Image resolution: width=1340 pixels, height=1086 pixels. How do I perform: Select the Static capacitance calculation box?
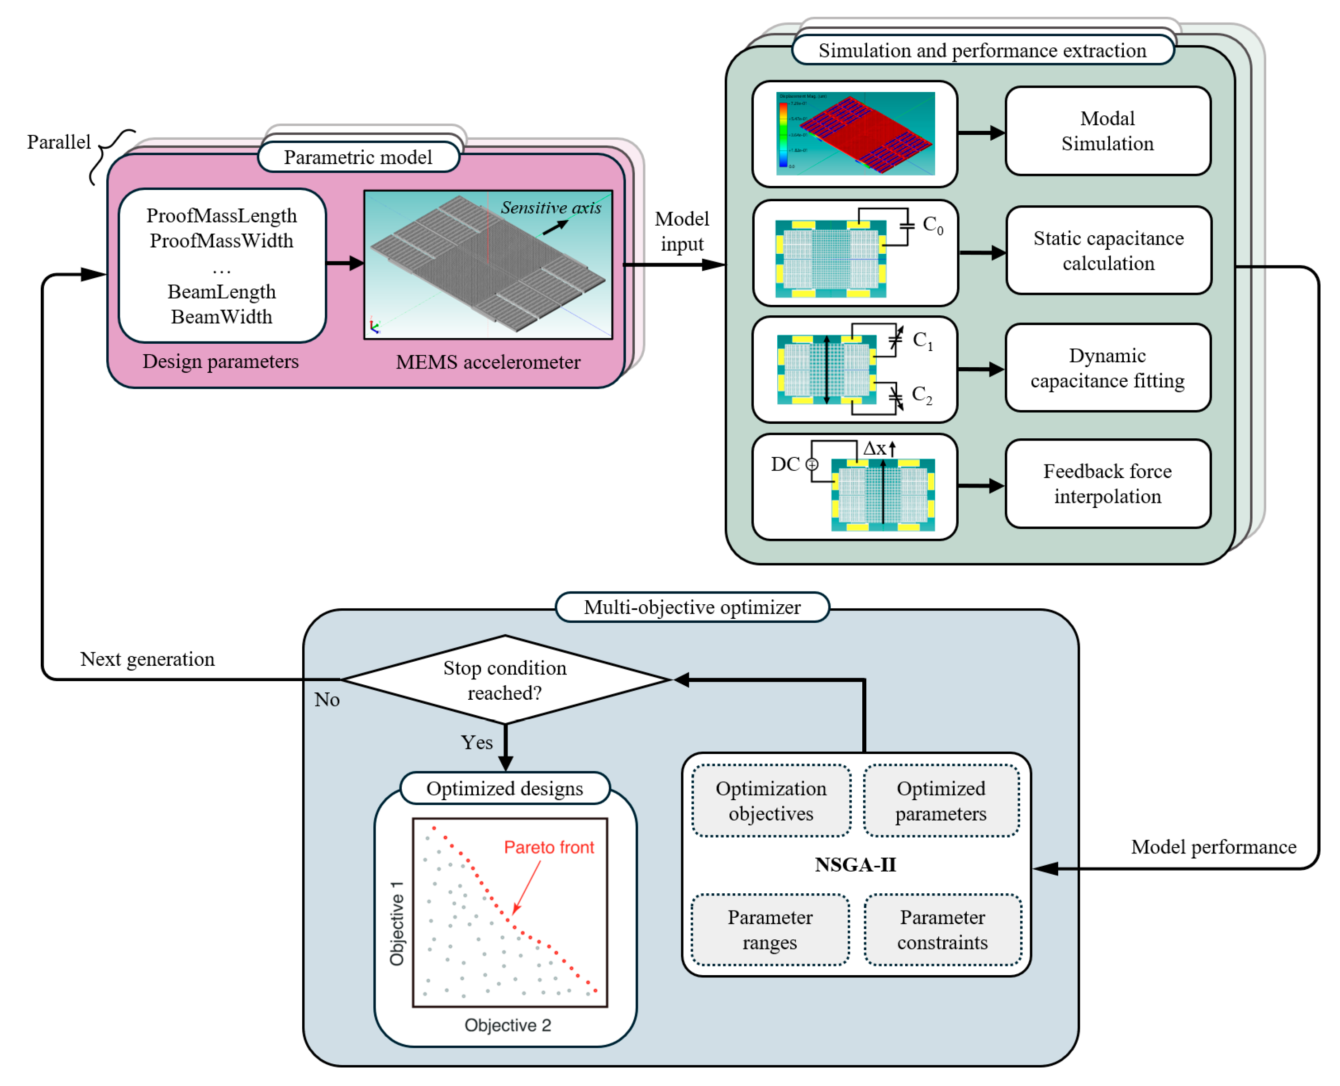pos(1108,250)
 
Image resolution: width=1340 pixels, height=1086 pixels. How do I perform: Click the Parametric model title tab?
pos(358,157)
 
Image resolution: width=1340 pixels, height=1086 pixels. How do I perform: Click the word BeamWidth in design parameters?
pos(222,317)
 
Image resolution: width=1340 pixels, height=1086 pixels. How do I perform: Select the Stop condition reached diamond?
pos(504,680)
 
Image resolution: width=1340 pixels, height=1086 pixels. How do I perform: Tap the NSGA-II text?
pos(855,864)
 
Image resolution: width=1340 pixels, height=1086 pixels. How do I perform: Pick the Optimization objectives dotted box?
pos(771,801)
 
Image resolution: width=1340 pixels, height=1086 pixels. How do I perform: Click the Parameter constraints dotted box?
pos(942,930)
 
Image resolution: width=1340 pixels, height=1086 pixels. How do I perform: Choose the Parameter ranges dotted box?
pos(770,930)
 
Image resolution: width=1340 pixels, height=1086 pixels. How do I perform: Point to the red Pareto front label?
pos(549,847)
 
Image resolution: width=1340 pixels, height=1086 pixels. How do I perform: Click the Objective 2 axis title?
pos(507,1024)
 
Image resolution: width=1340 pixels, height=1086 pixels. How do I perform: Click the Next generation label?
pos(147,659)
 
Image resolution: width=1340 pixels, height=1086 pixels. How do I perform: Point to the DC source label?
pos(784,464)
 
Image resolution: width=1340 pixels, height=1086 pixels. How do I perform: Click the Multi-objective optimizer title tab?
pos(692,607)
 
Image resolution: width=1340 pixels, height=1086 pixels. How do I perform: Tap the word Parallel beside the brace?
pos(59,142)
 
